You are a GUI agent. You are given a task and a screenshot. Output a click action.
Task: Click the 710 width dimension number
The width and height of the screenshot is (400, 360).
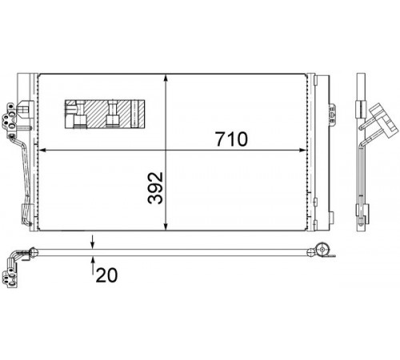231,139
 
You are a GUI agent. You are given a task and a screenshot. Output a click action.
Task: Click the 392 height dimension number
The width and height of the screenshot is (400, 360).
155,188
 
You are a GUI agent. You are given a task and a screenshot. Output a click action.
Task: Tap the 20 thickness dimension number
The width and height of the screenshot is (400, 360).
106,275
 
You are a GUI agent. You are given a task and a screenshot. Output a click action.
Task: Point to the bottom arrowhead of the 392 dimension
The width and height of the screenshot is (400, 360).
166,226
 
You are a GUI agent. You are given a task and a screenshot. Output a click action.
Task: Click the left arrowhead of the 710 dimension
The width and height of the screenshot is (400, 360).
43,150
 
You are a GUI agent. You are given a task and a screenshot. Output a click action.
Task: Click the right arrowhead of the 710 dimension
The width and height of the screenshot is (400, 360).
302,150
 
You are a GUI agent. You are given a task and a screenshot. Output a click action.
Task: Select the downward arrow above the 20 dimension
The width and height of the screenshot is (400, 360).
92,242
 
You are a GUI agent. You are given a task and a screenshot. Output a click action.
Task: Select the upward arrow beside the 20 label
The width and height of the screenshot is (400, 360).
92,265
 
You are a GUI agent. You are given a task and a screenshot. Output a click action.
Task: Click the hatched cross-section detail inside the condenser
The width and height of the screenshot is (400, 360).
105,114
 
